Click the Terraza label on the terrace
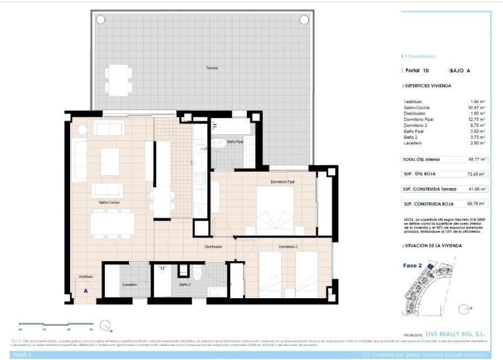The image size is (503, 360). [211, 68]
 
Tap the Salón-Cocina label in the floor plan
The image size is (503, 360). [109, 202]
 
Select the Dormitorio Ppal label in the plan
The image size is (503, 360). [282, 182]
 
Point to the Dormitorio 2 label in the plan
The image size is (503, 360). [287, 247]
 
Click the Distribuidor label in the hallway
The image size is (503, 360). [213, 247]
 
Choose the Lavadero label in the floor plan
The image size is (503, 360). [130, 285]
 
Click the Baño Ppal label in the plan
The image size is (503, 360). [235, 142]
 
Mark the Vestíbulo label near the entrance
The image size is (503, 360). [85, 277]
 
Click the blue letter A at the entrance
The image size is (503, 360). [85, 291]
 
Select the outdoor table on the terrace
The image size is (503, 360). [118, 80]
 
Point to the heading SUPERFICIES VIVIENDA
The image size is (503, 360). [428, 86]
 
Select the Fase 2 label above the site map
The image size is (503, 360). [413, 266]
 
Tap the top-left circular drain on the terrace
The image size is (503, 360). [100, 20]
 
